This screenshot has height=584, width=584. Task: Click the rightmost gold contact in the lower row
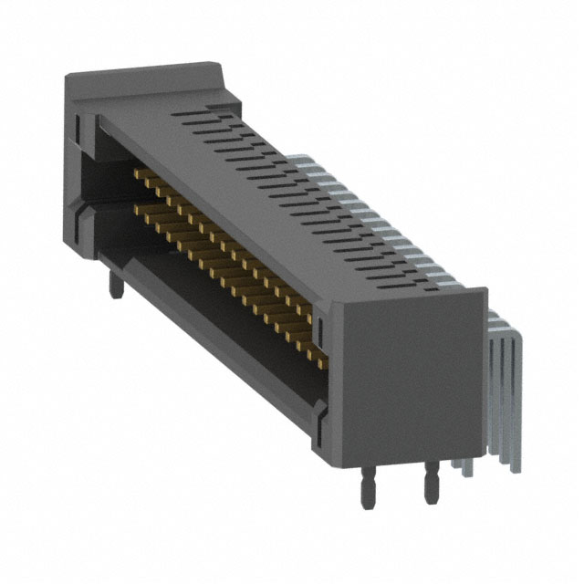click(x=318, y=351)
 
